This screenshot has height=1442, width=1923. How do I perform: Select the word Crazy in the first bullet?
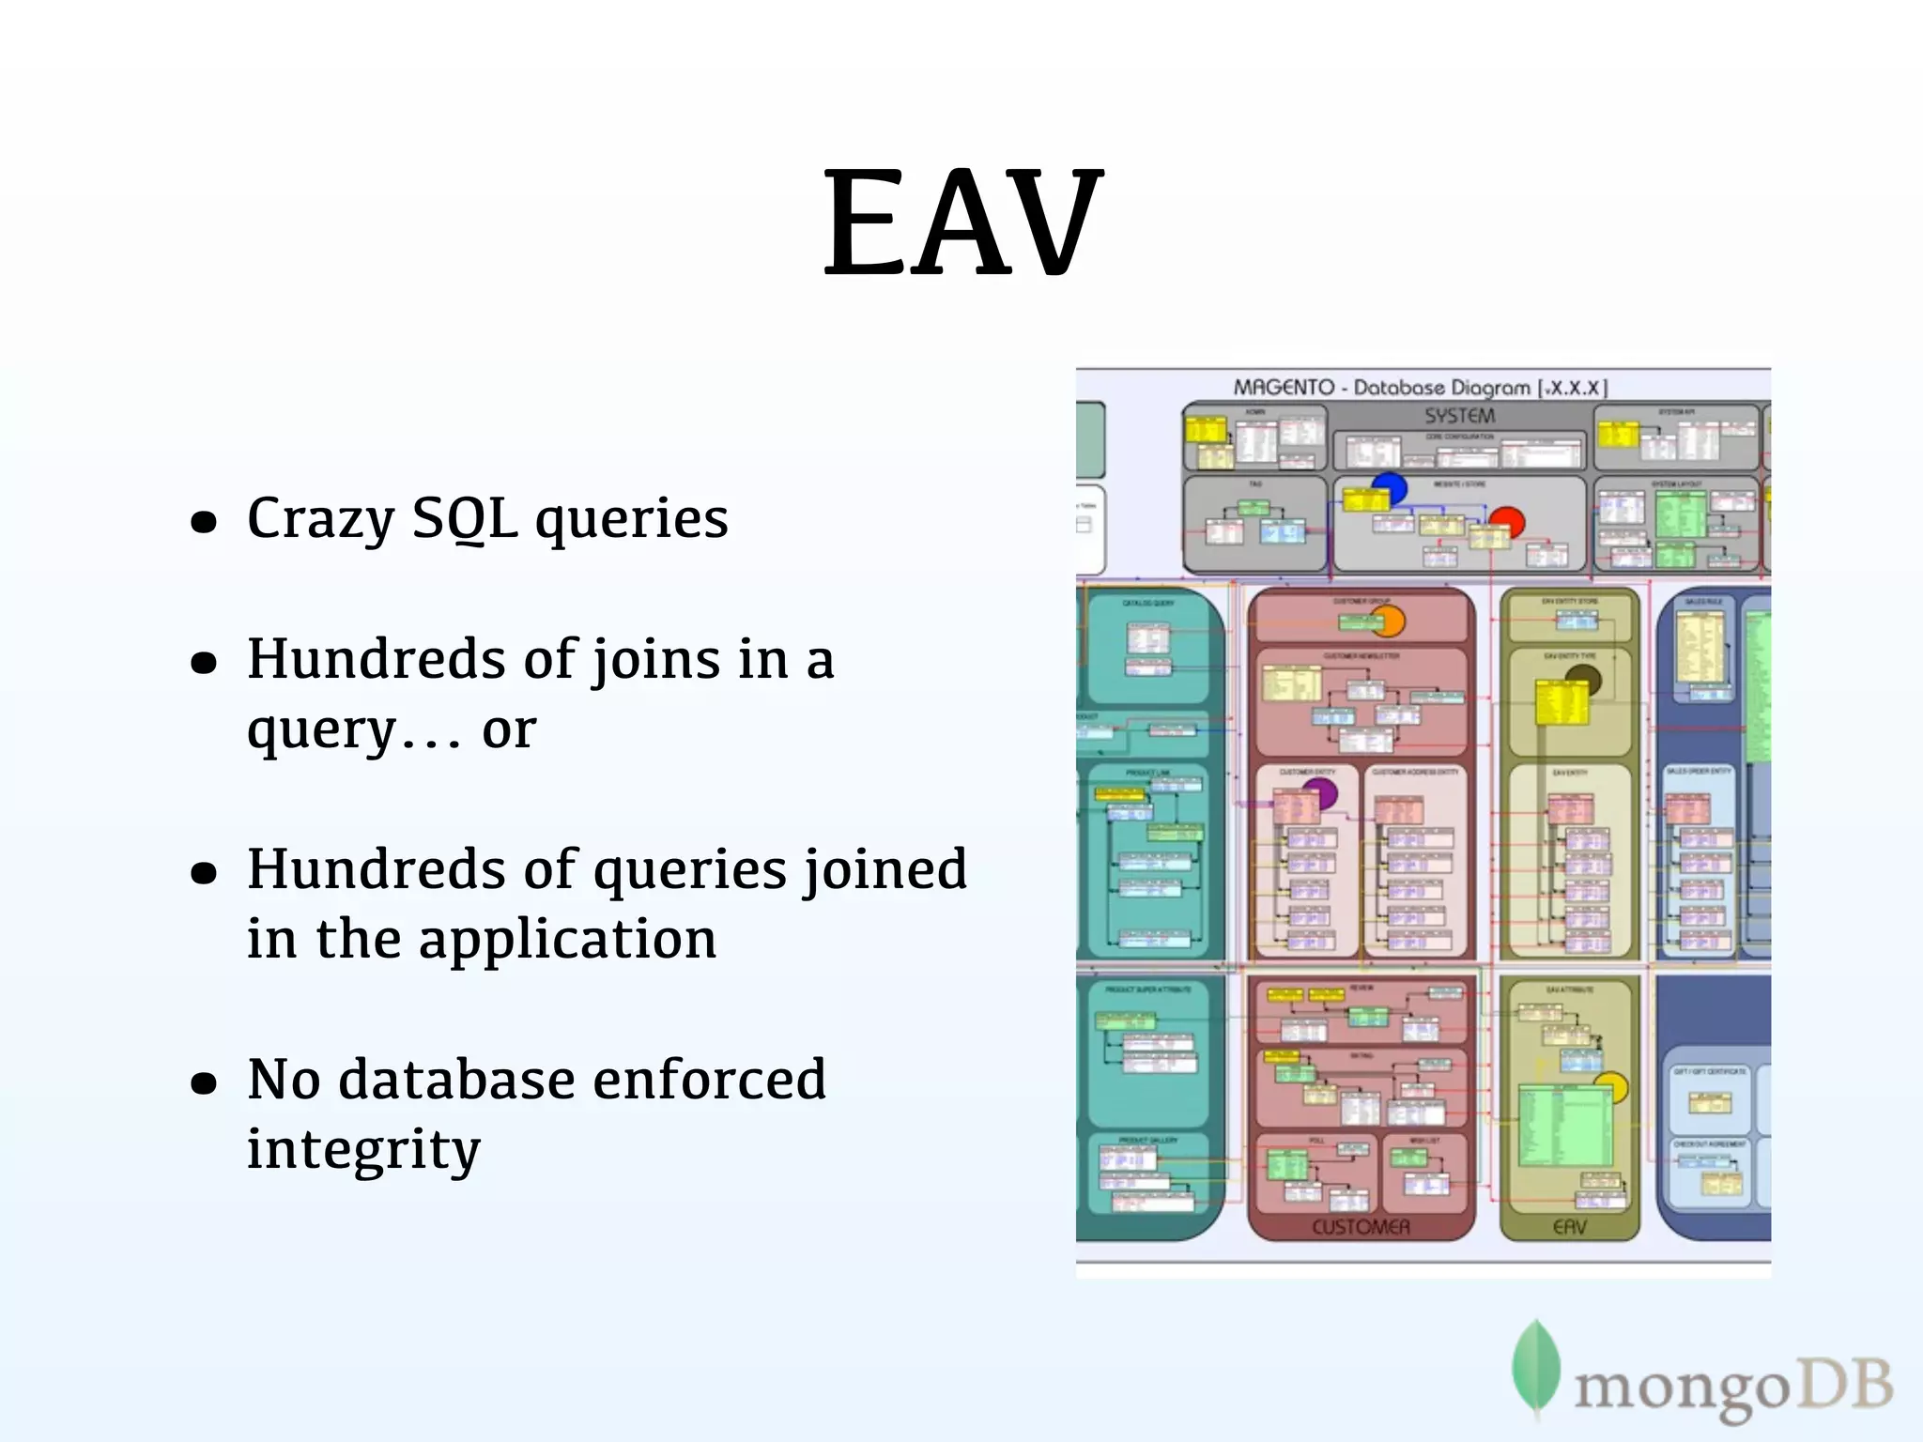[320, 519]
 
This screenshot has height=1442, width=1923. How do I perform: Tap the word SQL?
[464, 519]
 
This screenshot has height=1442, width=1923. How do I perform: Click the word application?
[567, 940]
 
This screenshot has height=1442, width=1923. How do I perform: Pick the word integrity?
[363, 1150]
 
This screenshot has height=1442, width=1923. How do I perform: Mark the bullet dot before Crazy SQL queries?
[204, 523]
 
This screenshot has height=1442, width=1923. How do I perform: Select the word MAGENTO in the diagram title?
[1284, 388]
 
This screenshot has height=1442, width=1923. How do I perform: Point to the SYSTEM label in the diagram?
[1459, 416]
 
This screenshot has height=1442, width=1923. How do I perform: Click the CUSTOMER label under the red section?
[1361, 1227]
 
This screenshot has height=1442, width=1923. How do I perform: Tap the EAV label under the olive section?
[1570, 1227]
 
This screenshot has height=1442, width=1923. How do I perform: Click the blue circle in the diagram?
[1391, 486]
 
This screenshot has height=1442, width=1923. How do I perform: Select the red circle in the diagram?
[1508, 520]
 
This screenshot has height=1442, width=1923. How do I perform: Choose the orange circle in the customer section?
[1389, 621]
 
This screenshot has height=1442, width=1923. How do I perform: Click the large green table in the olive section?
[1565, 1126]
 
